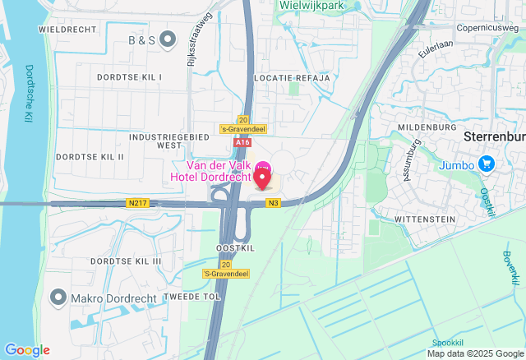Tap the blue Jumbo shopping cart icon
tap(487, 164)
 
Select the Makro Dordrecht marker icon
tap(58, 296)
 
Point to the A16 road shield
tap(241, 142)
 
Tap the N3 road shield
tap(273, 203)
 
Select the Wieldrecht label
tap(63, 29)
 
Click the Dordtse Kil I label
tap(129, 76)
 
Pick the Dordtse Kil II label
tap(90, 156)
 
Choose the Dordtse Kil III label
tap(126, 261)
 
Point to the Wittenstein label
tap(425, 220)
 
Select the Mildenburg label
tap(427, 128)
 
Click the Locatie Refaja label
tap(292, 77)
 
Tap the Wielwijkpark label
tap(310, 5)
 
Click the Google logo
tap(26, 350)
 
